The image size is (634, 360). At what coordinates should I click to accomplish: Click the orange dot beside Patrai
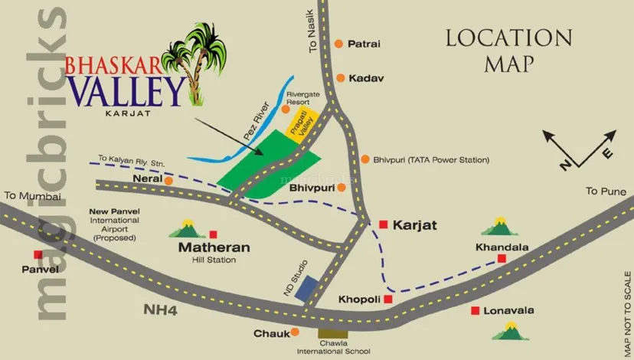point(338,44)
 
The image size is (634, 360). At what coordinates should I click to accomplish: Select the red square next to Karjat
point(383,224)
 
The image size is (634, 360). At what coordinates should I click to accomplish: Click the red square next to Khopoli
point(387,299)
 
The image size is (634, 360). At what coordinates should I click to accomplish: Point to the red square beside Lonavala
point(475,310)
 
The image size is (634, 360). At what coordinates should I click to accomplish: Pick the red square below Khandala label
point(502,259)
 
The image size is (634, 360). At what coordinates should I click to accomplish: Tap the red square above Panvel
point(37,255)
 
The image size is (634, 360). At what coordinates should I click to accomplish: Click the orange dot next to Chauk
point(296,332)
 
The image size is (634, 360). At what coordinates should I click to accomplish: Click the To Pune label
point(603,191)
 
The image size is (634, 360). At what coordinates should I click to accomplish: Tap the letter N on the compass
point(564,163)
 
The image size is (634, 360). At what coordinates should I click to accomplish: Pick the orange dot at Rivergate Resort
point(286,110)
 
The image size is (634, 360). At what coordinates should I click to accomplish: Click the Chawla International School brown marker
point(332,333)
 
